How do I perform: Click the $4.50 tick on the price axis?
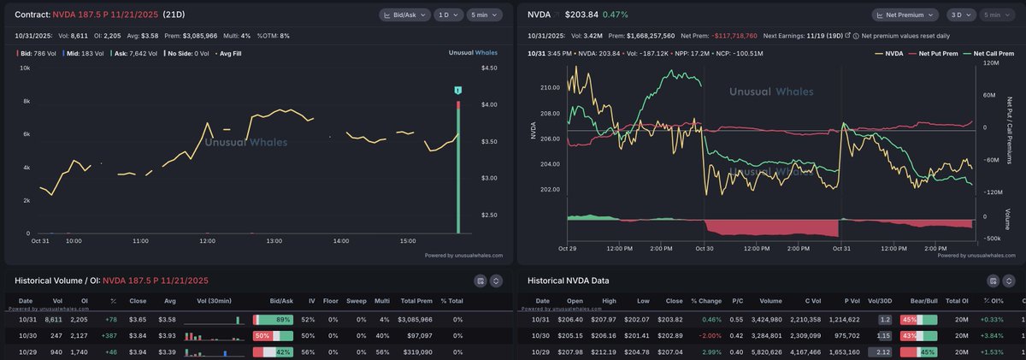tap(489, 68)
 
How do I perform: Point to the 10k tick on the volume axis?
tap(25, 68)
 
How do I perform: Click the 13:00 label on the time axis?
tap(274, 242)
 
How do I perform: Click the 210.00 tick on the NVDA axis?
tap(549, 88)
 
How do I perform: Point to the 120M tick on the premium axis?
tap(991, 63)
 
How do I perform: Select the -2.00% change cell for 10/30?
tap(707, 335)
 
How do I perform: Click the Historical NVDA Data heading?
tap(568, 280)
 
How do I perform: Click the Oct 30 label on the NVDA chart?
tap(704, 249)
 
